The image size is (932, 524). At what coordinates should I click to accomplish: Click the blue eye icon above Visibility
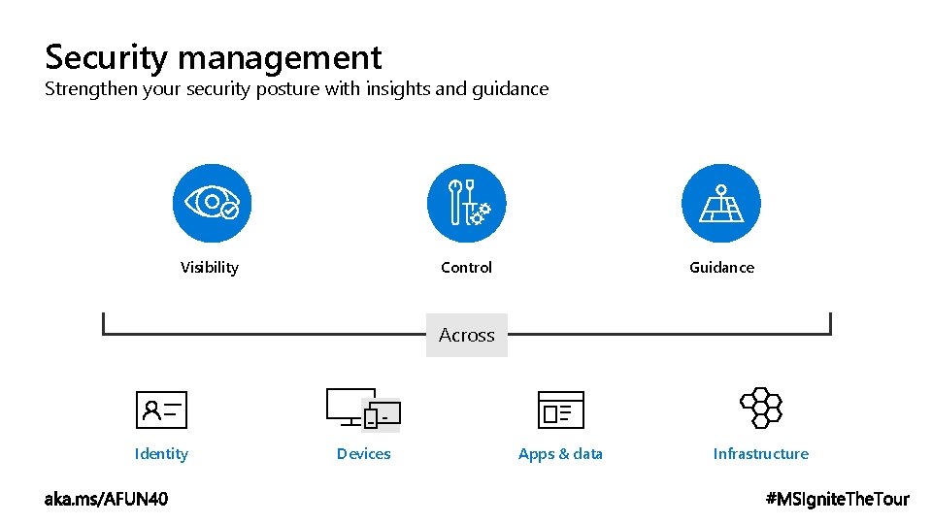point(212,203)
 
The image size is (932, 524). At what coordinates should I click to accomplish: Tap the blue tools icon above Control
point(467,203)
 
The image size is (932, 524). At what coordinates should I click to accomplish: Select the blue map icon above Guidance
point(721,203)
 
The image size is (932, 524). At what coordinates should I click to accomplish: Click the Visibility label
point(210,268)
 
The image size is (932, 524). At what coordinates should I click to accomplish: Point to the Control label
point(466,268)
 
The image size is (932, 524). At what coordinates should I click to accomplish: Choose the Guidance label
point(721,268)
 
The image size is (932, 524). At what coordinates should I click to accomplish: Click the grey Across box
point(467,335)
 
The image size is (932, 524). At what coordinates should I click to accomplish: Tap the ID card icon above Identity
point(161,409)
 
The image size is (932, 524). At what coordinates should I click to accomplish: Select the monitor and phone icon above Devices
point(363,409)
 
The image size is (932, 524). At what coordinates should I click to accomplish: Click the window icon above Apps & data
point(561,409)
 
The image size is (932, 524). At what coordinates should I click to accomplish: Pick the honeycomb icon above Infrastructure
point(760,408)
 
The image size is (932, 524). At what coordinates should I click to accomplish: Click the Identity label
point(161,454)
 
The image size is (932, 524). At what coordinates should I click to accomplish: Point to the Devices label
point(364,454)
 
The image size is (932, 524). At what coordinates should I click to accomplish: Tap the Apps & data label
point(560,454)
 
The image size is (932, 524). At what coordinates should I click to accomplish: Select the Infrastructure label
point(760,454)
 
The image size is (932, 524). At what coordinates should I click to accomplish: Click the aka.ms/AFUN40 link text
point(106,499)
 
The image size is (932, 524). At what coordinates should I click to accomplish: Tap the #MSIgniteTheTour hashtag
point(838,499)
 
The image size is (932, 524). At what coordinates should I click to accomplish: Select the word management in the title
point(280,58)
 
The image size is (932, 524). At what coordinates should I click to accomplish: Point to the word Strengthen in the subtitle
point(91,89)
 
